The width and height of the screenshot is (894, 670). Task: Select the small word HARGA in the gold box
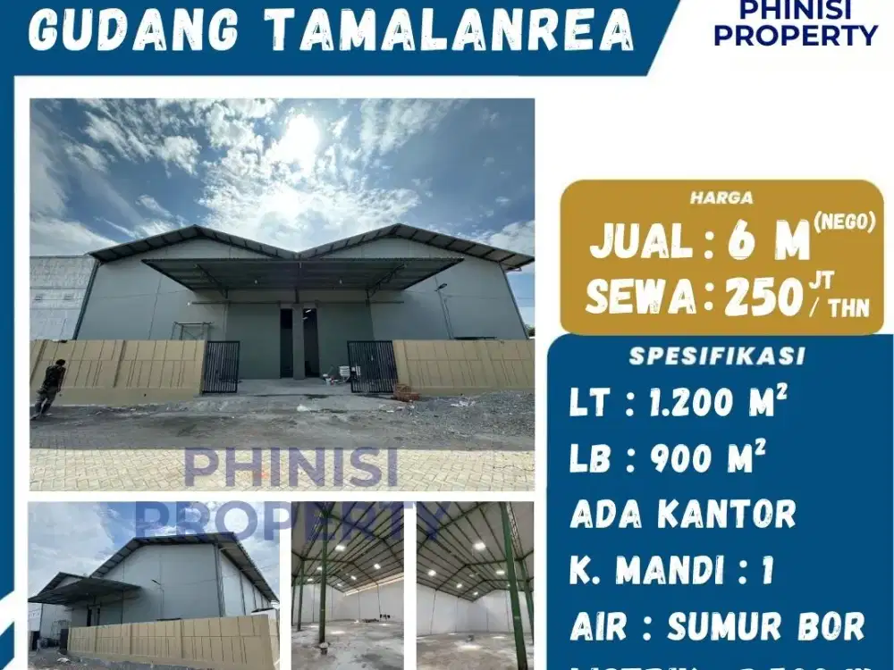(x=721, y=197)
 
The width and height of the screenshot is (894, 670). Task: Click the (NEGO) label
(x=845, y=223)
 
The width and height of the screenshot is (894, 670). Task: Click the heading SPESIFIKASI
(x=718, y=356)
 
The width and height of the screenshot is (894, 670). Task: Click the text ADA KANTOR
(x=682, y=514)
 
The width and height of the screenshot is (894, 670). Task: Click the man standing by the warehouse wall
(x=50, y=387)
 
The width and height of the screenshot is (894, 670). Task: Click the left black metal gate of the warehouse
(x=220, y=366)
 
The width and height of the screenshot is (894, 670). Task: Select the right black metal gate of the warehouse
(x=372, y=366)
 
